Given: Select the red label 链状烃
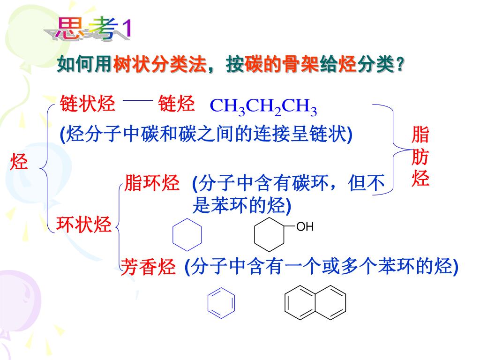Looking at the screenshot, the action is [x=87, y=104].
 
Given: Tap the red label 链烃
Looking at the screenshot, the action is [x=176, y=104].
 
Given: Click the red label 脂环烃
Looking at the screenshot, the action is [x=152, y=183].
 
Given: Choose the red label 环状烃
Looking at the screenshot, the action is [x=84, y=225].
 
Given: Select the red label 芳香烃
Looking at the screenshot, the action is [x=148, y=267].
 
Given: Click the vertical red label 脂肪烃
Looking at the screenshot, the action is [x=420, y=157].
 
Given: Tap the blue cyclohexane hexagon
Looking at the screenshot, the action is [x=187, y=234].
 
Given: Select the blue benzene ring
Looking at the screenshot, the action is [x=221, y=305].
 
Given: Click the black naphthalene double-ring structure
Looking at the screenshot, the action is [x=315, y=305].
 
